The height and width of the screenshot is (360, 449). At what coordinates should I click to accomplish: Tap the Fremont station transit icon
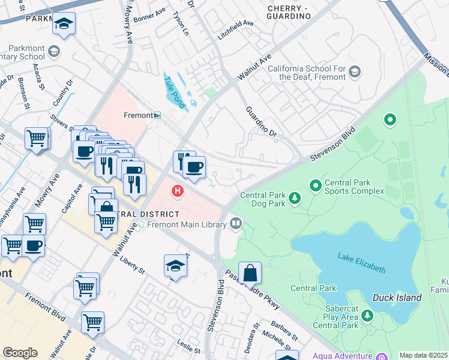coord(157,115)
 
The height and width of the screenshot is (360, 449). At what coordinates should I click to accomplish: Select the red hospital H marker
coord(178,191)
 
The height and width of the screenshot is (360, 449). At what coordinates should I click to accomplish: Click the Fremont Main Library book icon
coord(237,224)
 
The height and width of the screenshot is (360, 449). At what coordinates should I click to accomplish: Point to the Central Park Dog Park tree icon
coord(295,198)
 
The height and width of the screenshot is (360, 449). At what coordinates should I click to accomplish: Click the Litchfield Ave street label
coord(235,31)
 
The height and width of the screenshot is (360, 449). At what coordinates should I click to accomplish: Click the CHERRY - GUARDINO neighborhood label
coord(289,12)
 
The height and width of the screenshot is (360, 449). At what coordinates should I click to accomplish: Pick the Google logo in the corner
coord(20,352)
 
